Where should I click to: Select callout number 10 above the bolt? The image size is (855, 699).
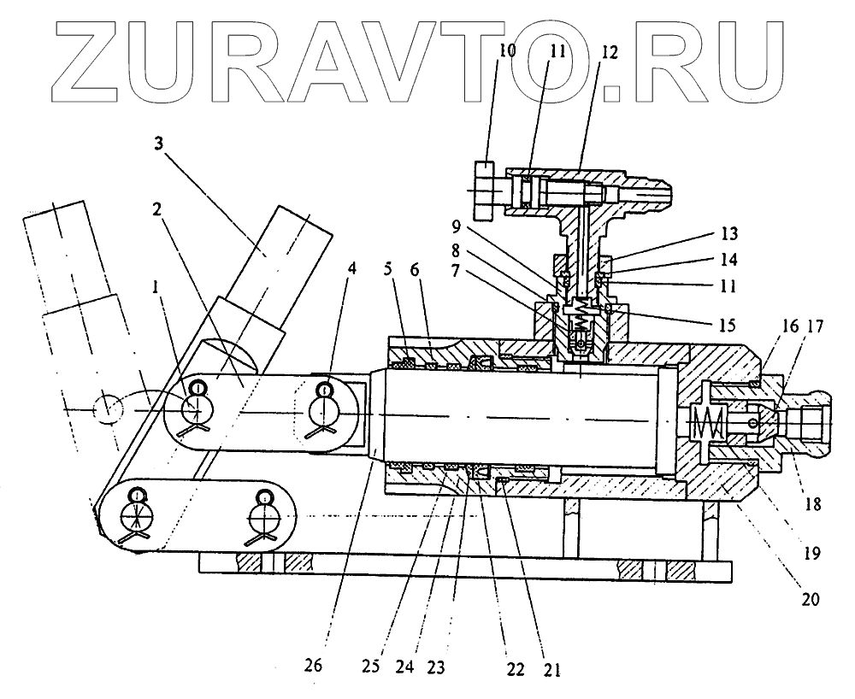[508, 50]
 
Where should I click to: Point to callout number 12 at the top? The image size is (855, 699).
[608, 50]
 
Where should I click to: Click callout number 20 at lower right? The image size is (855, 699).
[809, 599]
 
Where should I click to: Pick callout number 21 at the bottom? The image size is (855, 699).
[551, 670]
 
